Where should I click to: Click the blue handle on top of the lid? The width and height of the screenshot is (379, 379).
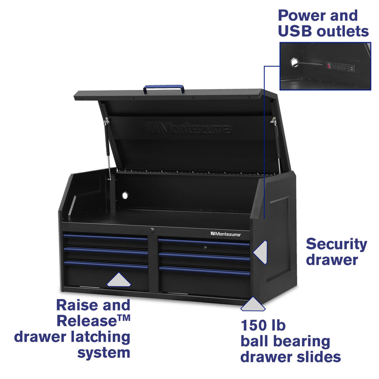pyautogui.click(x=164, y=88)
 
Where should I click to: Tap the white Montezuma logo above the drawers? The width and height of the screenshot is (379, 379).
pyautogui.click(x=226, y=234)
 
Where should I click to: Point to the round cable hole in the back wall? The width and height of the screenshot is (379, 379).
pyautogui.click(x=126, y=195)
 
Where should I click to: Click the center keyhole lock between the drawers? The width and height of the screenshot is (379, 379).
pyautogui.click(x=153, y=230)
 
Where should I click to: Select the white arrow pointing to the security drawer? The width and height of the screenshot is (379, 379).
pyautogui.click(x=261, y=252)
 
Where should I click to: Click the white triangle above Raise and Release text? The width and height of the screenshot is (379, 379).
pyautogui.click(x=119, y=280)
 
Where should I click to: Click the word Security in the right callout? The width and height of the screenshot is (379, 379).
pyautogui.click(x=336, y=244)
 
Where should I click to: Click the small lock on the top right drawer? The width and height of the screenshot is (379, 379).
pyautogui.click(x=204, y=248)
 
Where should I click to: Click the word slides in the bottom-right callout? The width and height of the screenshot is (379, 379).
pyautogui.click(x=316, y=356)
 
